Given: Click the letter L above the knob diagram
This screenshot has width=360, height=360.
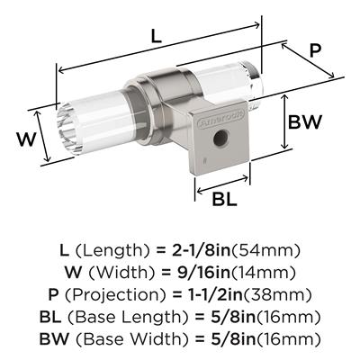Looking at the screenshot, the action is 156,37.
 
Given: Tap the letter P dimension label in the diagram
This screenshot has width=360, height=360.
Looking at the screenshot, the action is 315,50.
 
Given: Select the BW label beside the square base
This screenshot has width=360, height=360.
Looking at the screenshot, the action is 305,121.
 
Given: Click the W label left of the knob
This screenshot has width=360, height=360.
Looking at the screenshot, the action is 26,139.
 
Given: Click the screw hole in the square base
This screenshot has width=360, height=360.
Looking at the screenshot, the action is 220,138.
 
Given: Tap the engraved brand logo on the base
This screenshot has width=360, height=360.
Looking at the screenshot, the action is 221,119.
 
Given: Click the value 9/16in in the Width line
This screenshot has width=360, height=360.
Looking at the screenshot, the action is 202,273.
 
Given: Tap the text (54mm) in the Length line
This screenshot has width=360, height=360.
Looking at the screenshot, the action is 265,251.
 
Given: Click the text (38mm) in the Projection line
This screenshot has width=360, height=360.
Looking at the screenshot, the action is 277,294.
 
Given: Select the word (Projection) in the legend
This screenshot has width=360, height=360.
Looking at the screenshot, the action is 115,295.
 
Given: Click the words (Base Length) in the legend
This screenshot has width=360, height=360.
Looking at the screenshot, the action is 129,317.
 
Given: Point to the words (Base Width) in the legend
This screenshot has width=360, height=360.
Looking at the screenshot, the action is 132,339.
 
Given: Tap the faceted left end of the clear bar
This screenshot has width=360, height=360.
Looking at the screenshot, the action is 67,129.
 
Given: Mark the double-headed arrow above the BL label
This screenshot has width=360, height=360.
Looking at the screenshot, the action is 222,184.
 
